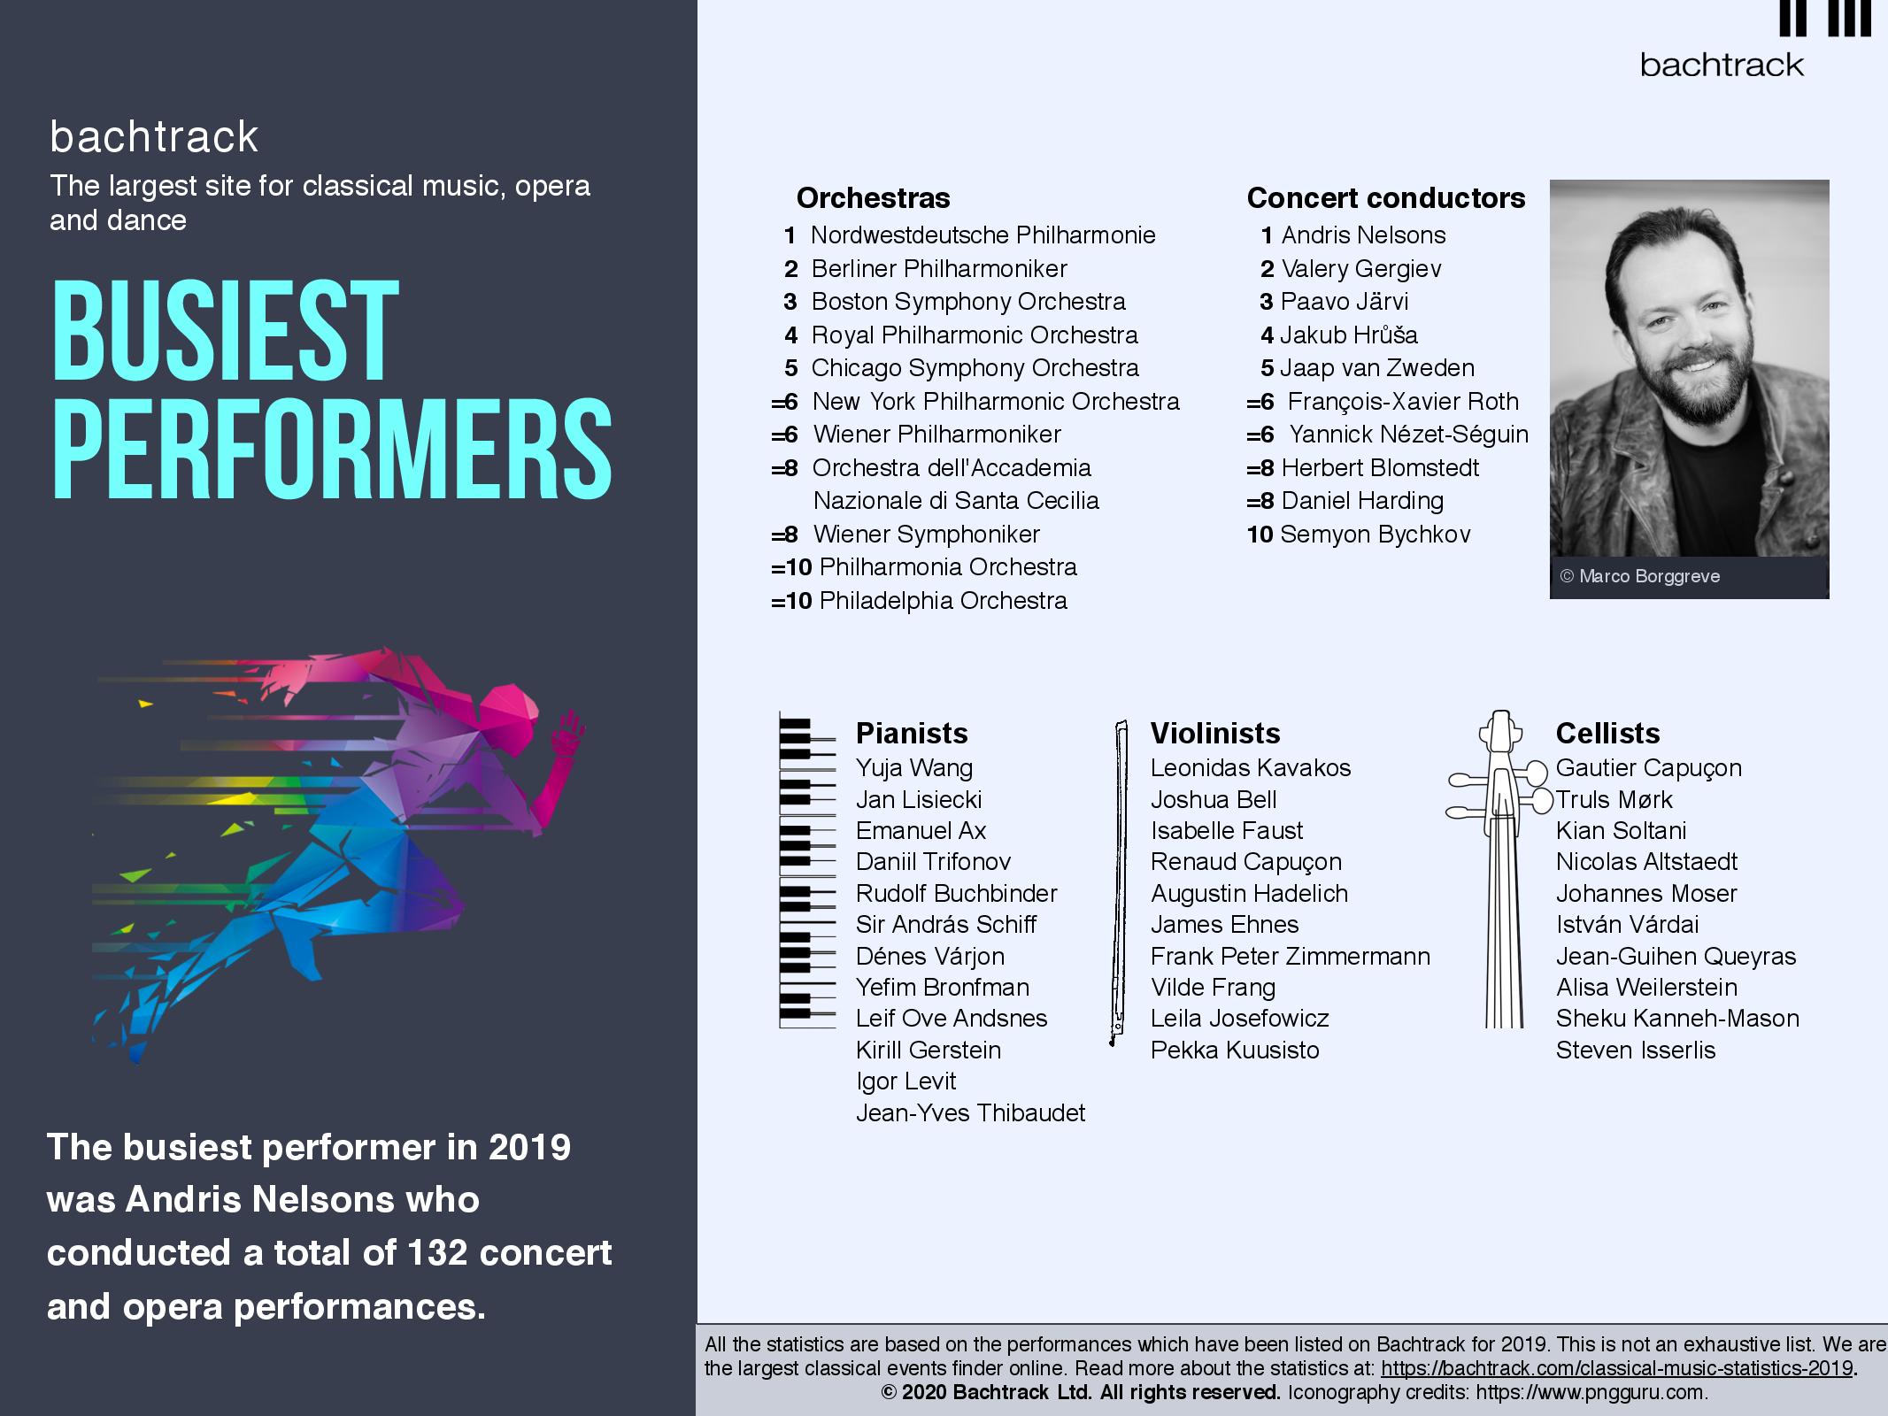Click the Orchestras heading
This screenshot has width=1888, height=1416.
tap(873, 198)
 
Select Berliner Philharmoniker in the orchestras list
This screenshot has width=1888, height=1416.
tap(939, 269)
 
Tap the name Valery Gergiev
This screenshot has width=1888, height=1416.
tap(1361, 269)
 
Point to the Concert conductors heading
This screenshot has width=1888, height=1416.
tap(1386, 198)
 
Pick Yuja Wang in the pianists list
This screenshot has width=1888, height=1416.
tap(914, 768)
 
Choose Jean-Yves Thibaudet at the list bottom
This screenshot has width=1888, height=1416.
tap(970, 1113)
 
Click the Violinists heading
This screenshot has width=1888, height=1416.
tap(1215, 733)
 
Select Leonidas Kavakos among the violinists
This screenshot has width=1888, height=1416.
tap(1251, 768)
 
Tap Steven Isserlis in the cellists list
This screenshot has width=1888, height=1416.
tap(1636, 1050)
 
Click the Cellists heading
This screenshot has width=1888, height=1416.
tap(1607, 733)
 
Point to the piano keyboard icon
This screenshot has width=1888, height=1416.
tap(807, 870)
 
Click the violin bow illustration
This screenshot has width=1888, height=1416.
tap(1118, 883)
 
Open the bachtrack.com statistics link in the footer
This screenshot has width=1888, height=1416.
tap(1617, 1368)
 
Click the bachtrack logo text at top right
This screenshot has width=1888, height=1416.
tap(1722, 65)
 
